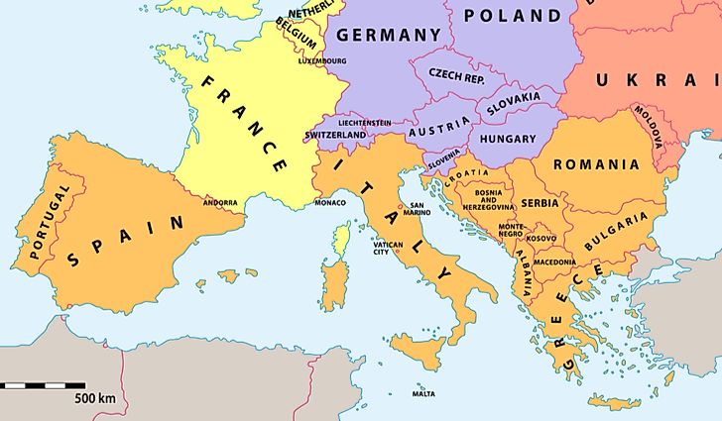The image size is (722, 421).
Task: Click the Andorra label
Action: pyautogui.click(x=220, y=203)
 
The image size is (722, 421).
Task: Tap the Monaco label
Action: pyautogui.click(x=330, y=203)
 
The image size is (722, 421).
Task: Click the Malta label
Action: pyautogui.click(x=423, y=394)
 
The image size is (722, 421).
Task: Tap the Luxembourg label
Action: pyautogui.click(x=321, y=60)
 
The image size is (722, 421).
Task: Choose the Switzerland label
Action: pyautogui.click(x=337, y=135)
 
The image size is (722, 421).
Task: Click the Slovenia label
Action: pyautogui.click(x=444, y=158)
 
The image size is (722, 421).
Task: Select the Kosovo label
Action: pyautogui.click(x=541, y=239)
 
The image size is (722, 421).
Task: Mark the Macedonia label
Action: pyautogui.click(x=554, y=262)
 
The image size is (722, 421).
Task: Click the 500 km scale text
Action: pyautogui.click(x=95, y=398)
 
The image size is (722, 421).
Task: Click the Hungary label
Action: pyautogui.click(x=507, y=140)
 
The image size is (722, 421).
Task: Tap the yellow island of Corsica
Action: pyautogui.click(x=343, y=237)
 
